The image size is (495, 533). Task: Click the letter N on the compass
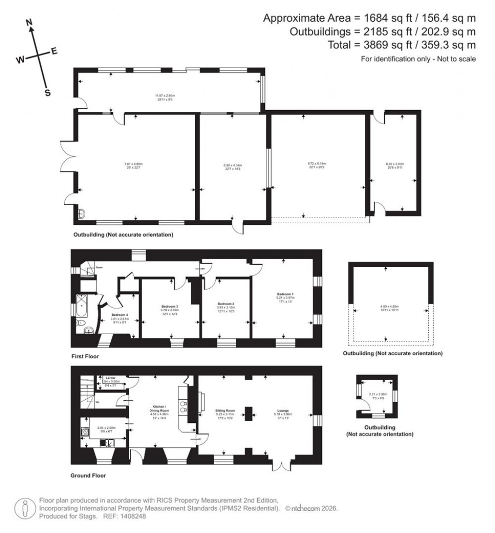pyautogui.click(x=29, y=22)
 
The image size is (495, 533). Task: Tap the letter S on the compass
pyautogui.click(x=47, y=93)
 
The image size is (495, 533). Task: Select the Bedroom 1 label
pyautogui.click(x=284, y=294)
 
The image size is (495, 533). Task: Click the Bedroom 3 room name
pyautogui.click(x=170, y=307)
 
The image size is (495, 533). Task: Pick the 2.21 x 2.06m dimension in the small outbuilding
pyautogui.click(x=376, y=394)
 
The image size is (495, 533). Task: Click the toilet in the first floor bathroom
pyautogui.click(x=81, y=323)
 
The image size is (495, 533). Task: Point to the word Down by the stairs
pyautogui.click(x=99, y=266)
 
